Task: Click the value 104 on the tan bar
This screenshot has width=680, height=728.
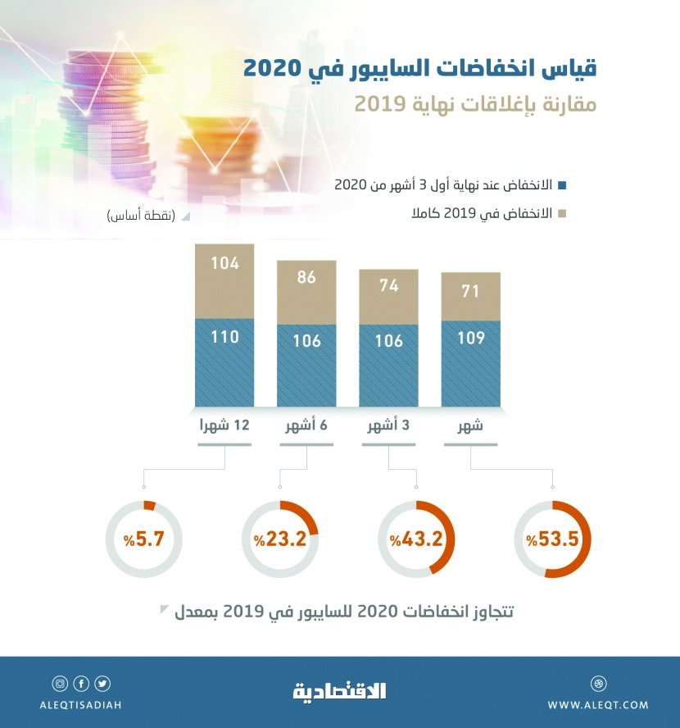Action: point(224,263)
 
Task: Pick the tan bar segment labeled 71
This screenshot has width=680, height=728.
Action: point(470,291)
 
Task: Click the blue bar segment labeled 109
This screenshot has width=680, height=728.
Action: point(470,364)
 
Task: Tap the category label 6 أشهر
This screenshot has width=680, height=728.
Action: point(306,425)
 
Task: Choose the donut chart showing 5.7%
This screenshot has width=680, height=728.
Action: point(143,539)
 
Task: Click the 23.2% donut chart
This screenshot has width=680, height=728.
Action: point(280,539)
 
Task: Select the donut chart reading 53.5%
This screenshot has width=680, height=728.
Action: point(553,539)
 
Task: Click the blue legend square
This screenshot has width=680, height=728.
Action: point(561,184)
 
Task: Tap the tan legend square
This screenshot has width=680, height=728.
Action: point(561,214)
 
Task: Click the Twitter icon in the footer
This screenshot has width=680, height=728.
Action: point(102,684)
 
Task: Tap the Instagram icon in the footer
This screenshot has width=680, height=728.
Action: point(60,684)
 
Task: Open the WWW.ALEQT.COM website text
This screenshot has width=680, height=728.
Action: point(598,705)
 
